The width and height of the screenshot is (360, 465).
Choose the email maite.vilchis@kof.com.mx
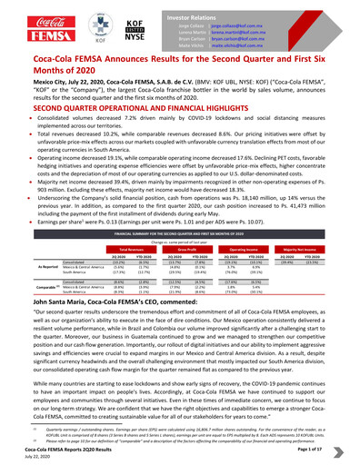pos(239,42)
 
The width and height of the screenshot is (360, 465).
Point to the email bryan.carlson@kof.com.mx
pos(239,34)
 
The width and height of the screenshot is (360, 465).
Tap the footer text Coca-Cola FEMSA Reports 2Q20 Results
pos(60,450)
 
